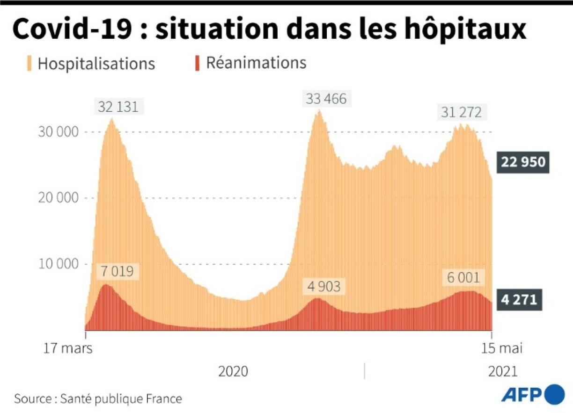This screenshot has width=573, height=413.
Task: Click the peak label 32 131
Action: pos(118,107)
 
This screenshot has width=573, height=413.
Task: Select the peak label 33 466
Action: pos(326,99)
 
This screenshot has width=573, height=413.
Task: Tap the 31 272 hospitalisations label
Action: pos(461,113)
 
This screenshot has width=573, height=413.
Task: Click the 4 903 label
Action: pos(324,286)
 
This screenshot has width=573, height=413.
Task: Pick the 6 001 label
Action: pos(463,278)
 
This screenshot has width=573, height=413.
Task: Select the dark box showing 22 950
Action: pos(522,162)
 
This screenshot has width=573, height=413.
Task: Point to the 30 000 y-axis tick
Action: pos(58,132)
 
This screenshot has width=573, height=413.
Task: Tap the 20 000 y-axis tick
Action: pos(58,198)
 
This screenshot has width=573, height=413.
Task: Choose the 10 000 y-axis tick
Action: pos(58,264)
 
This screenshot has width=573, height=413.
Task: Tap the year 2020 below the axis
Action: pos(233,372)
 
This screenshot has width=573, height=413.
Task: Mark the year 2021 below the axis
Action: pos(502,372)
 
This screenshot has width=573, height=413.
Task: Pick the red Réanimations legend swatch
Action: pos(197,63)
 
